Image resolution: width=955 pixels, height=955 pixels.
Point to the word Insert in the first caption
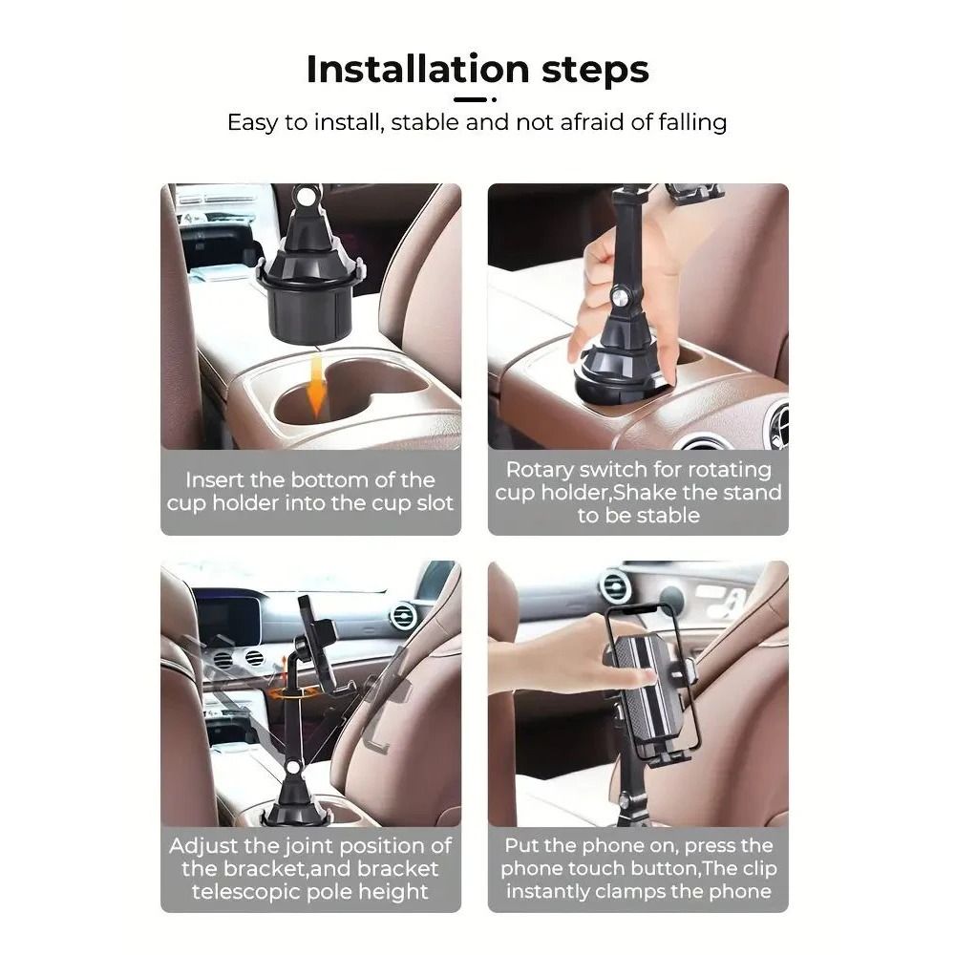pyautogui.click(x=218, y=480)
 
